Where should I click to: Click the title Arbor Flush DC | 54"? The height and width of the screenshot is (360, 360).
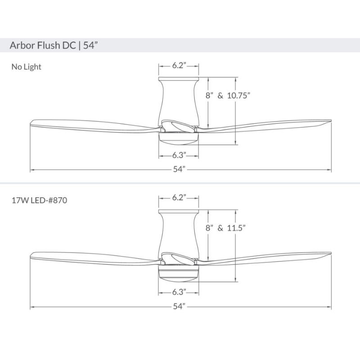click(54, 45)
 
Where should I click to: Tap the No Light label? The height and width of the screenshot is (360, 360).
click(26, 67)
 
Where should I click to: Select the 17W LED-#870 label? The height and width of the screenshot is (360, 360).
click(40, 201)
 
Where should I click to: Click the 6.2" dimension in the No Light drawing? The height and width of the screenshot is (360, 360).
click(179, 66)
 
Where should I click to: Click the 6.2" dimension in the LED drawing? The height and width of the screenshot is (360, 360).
click(179, 198)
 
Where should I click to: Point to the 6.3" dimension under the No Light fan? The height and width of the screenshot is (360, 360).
click(179, 156)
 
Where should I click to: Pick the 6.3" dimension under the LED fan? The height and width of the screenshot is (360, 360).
click(179, 292)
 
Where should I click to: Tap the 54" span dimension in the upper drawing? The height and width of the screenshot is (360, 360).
click(179, 170)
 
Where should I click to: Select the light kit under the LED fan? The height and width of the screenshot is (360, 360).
click(179, 275)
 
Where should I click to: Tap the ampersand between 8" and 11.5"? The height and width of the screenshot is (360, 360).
click(220, 228)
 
